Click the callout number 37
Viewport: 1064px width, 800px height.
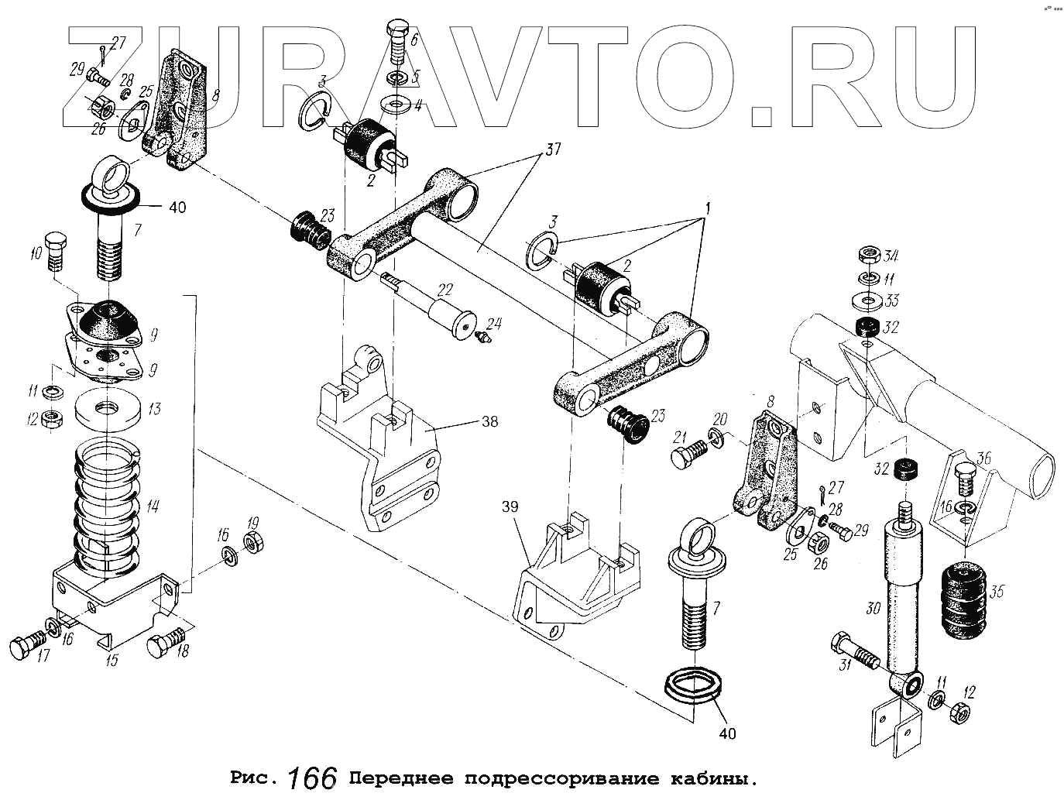pyautogui.click(x=553, y=150)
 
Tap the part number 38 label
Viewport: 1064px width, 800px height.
pyautogui.click(x=489, y=422)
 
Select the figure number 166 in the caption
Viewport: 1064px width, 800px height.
pyautogui.click(x=314, y=777)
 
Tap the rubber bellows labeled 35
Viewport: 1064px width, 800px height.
pyautogui.click(x=963, y=600)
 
